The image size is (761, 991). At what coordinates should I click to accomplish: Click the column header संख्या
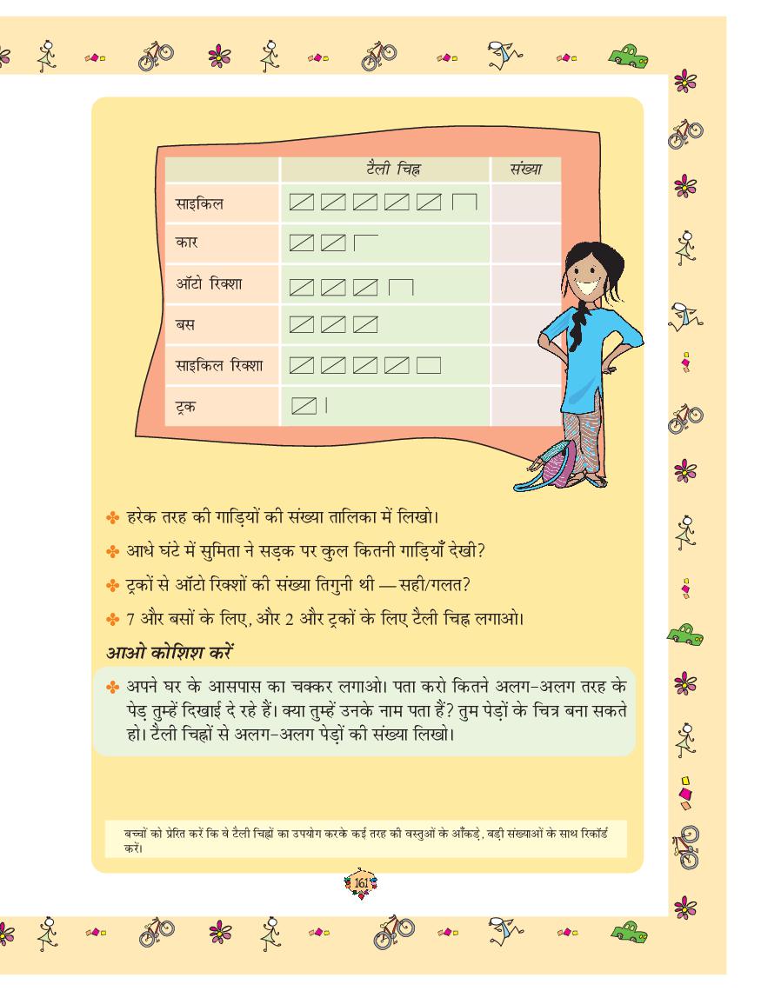[522, 169]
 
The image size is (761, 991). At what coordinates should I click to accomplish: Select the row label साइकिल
[199, 204]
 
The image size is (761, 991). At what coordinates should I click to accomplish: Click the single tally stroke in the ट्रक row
[326, 404]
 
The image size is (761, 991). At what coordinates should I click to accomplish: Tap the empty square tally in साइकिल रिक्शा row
[431, 365]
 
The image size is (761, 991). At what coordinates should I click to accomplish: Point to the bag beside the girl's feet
[552, 464]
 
